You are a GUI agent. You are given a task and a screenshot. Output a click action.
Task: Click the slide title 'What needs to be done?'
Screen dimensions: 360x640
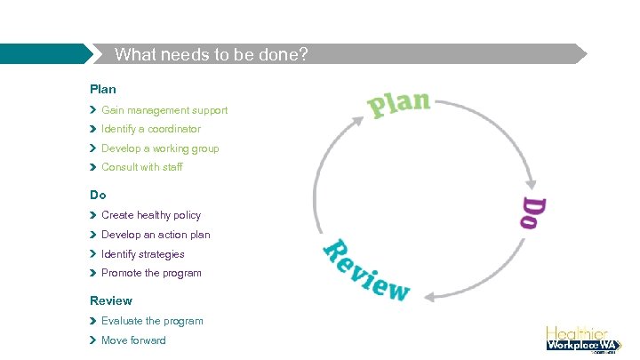(212, 54)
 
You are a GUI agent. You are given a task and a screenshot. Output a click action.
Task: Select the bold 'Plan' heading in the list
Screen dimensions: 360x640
(103, 89)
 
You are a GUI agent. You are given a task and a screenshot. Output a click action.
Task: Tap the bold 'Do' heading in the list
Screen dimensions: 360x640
(98, 195)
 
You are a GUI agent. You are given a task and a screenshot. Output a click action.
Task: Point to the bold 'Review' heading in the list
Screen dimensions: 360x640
(111, 300)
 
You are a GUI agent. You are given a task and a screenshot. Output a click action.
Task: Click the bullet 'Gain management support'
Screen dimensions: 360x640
(164, 110)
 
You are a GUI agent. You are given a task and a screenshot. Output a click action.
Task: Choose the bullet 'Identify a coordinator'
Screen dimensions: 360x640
(151, 129)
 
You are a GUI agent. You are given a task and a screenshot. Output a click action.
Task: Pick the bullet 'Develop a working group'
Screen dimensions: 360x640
(160, 148)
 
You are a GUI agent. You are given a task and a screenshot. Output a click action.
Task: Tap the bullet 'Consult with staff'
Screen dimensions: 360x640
(142, 167)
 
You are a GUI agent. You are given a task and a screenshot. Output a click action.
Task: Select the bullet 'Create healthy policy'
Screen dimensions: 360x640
(151, 215)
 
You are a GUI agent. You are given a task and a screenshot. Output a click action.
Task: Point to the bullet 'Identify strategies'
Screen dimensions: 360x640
(143, 254)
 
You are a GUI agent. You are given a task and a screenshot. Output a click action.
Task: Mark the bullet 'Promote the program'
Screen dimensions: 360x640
(151, 273)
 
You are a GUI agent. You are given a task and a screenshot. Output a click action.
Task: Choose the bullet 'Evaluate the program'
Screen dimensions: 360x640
(152, 321)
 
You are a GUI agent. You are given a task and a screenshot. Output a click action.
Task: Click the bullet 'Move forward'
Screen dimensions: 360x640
(133, 340)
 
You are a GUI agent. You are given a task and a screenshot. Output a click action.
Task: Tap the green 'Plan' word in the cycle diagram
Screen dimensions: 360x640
(399, 103)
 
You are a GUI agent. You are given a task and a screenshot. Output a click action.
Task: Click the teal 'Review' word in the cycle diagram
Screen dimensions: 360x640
(365, 269)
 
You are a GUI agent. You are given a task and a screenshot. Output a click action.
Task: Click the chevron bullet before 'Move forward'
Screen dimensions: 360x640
(93, 340)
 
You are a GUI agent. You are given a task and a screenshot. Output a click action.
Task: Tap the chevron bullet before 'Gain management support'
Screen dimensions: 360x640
(93, 110)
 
